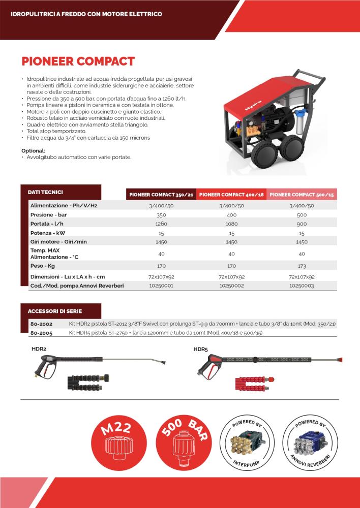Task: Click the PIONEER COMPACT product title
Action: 78,61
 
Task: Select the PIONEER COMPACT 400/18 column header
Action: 231,195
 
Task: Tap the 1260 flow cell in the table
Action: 161,223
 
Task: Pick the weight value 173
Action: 302,265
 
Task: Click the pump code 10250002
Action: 231,286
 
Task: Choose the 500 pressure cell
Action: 302,214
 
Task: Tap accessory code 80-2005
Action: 42,333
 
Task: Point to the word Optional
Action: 33,151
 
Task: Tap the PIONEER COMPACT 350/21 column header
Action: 161,195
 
